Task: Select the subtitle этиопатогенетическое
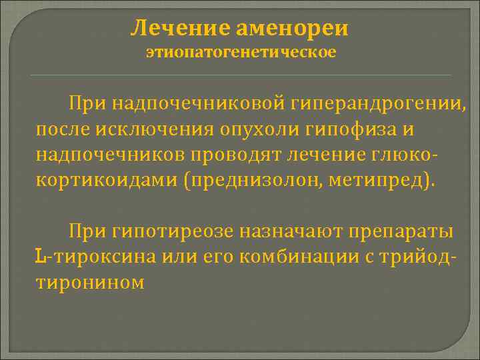tap(241, 52)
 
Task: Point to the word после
tap(58, 129)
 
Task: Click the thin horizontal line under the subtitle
tap(241, 75)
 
